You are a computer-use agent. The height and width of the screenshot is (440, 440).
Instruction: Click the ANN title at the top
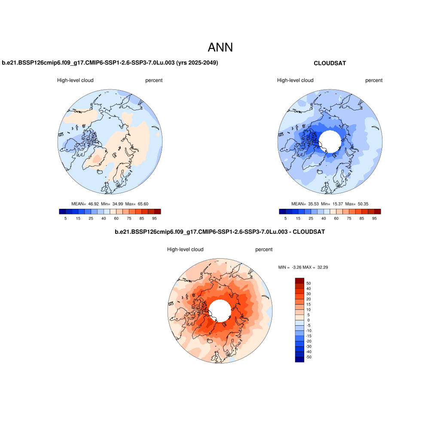tap(220, 47)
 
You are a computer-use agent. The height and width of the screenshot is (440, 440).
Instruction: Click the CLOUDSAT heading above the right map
tap(330, 63)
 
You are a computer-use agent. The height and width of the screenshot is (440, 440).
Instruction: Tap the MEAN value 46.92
tap(93, 204)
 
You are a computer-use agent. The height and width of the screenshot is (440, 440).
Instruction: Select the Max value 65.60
tap(143, 204)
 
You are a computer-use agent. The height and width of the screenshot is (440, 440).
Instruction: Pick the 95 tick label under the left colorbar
tap(154, 219)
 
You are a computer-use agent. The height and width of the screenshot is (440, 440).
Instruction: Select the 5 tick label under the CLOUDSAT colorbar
tap(285, 219)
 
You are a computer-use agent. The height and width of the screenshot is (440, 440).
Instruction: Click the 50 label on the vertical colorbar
tap(308, 283)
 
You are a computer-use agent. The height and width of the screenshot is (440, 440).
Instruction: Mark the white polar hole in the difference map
tap(220, 309)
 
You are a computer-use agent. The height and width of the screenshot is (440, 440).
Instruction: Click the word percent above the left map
tap(154, 80)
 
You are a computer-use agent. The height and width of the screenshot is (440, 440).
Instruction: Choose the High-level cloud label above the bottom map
tap(185, 250)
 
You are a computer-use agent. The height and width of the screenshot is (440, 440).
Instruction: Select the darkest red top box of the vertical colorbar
tap(299, 281)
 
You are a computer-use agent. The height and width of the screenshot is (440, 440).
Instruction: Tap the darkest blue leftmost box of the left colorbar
tap(62, 211)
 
